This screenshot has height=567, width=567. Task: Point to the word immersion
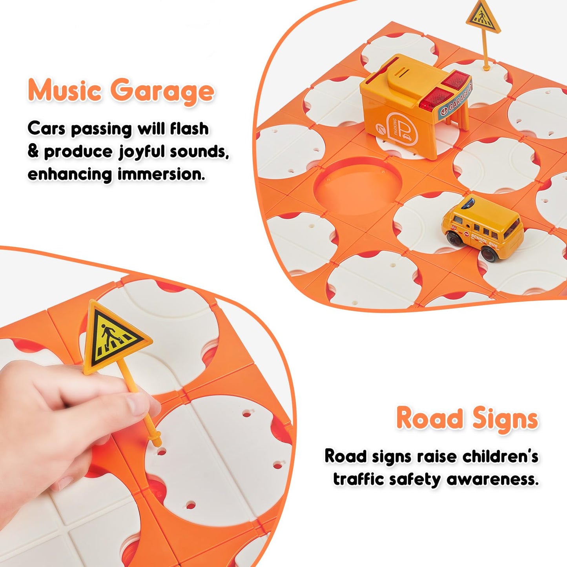click(x=161, y=174)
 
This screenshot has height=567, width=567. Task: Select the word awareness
click(x=492, y=480)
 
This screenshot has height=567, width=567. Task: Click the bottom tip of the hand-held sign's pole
click(x=159, y=444)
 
